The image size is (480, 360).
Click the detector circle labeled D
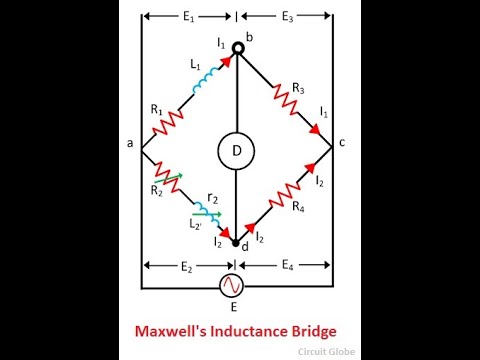(236, 151)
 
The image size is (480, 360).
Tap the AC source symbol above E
(236, 286)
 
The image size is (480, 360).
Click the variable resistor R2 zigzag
(166, 179)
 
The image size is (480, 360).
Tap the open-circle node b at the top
(237, 47)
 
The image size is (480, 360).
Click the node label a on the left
(130, 144)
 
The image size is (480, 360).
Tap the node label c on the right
(342, 142)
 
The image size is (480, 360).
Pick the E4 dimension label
(287, 267)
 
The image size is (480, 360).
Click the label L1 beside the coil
(195, 63)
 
